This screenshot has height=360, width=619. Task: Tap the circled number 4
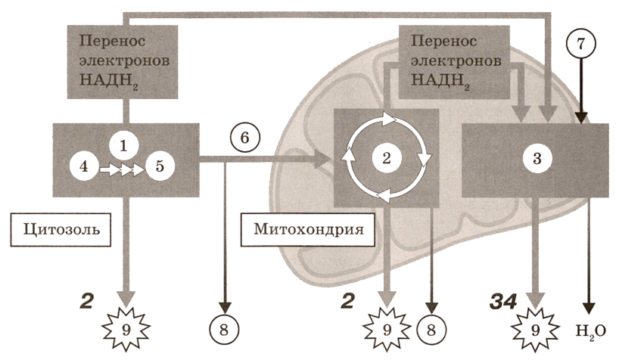[85, 166]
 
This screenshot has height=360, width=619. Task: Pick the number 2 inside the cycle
[387, 157]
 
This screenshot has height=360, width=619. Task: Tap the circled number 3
[536, 159]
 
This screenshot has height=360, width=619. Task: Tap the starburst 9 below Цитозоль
[126, 327]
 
